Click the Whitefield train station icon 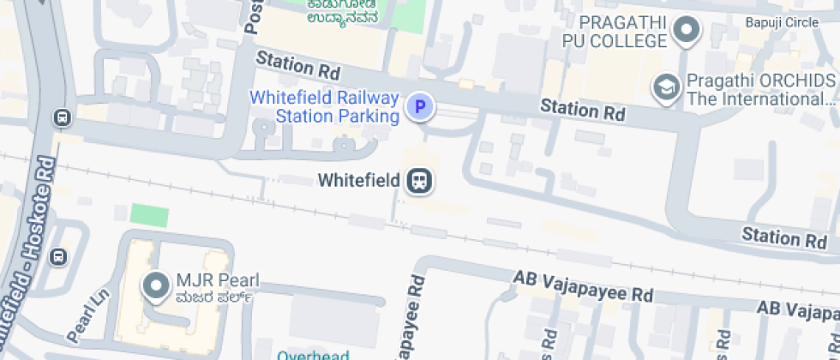(419, 181)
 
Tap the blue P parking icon (419, 107)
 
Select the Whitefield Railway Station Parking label (325, 106)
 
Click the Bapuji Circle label (781, 22)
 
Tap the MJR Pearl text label (217, 281)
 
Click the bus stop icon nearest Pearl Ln (58, 256)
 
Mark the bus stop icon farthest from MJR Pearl (61, 117)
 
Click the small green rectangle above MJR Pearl (149, 216)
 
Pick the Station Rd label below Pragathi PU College (582, 109)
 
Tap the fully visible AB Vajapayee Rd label (583, 286)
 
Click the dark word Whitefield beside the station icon (358, 181)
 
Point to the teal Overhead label (313, 355)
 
